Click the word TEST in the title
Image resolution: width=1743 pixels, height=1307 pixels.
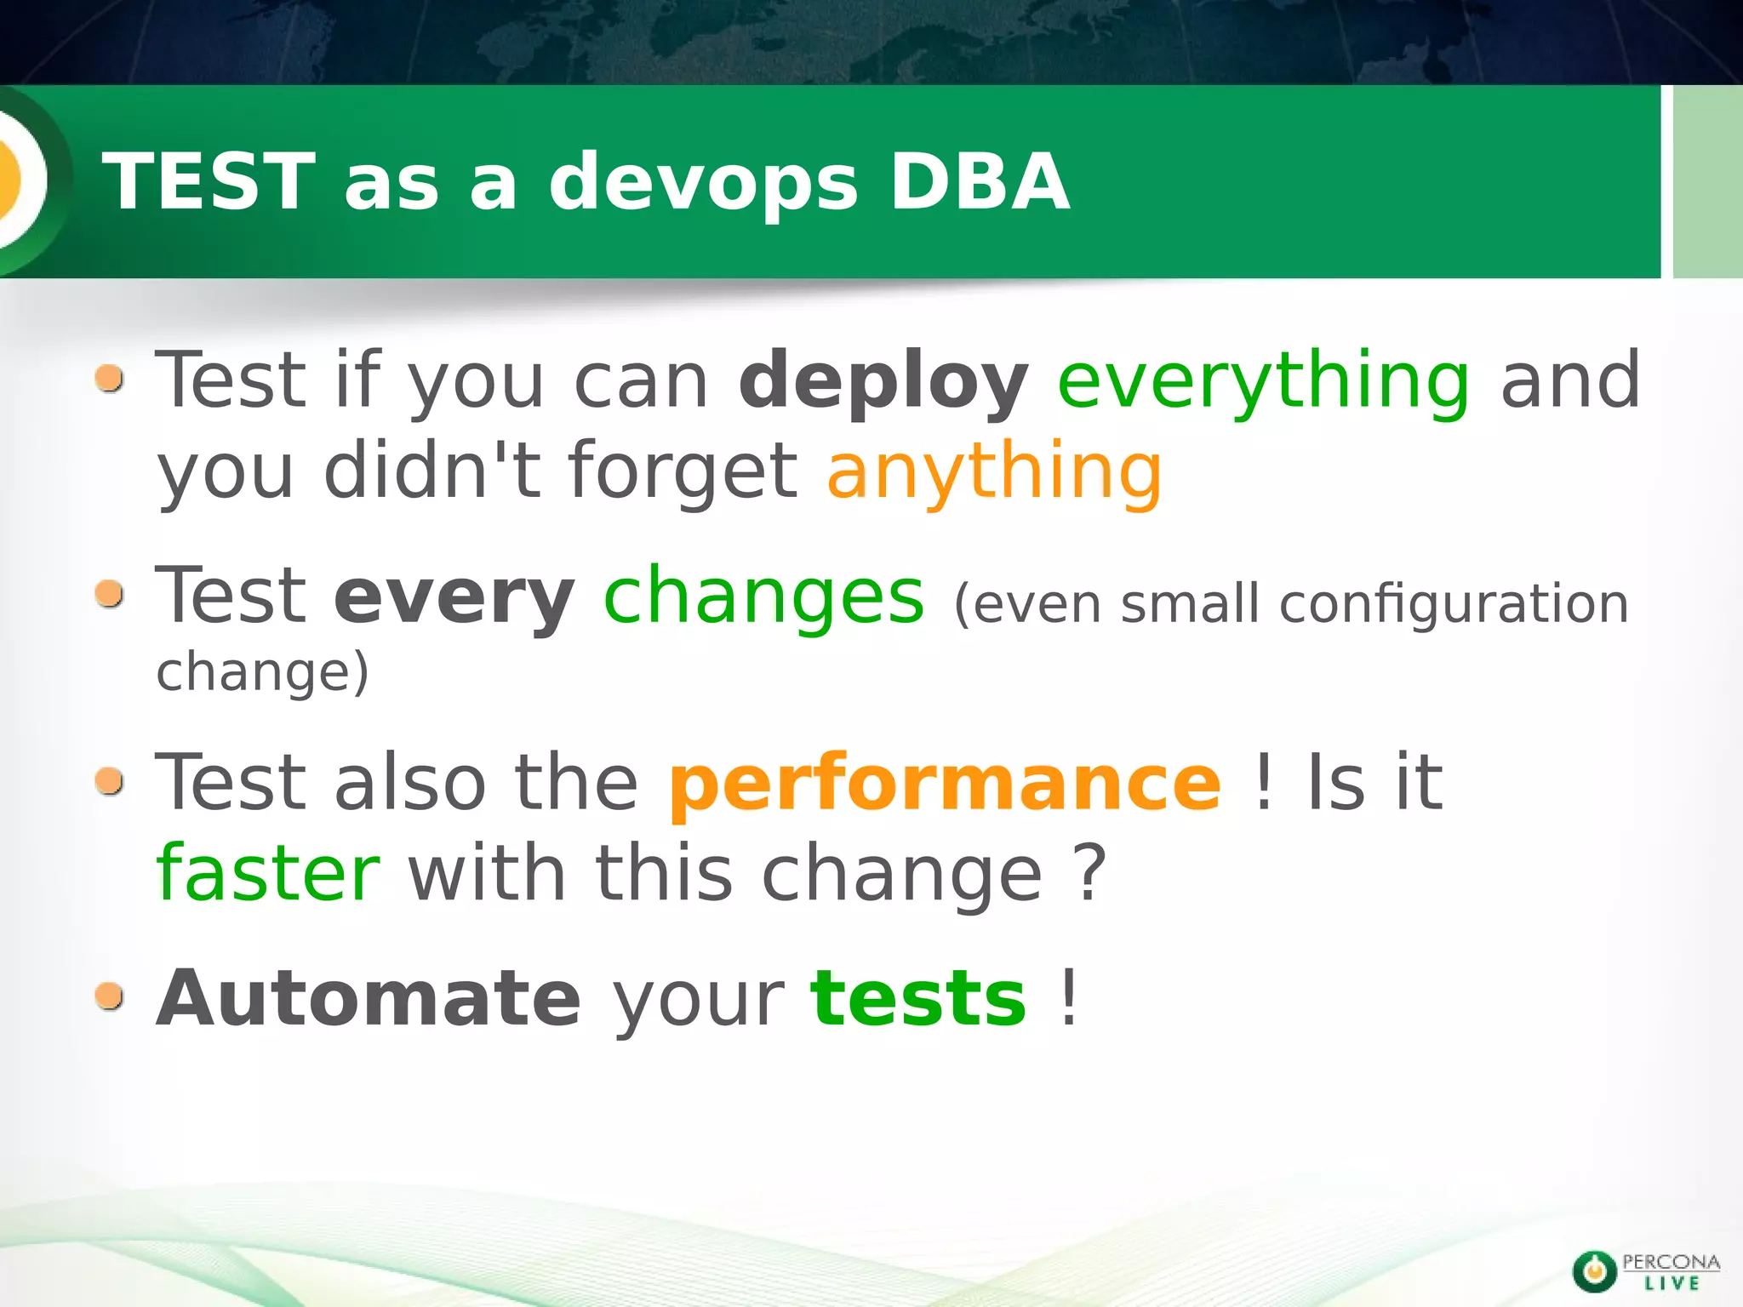coord(209,180)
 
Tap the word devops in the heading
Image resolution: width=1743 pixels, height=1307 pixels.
coord(703,180)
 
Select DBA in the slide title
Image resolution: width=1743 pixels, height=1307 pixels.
coord(979,180)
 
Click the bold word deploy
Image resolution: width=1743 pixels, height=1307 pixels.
coord(883,381)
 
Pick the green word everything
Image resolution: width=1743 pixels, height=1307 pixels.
coord(1264,381)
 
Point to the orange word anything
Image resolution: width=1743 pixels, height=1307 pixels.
coord(994,472)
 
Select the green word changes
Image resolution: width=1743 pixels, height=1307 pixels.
coord(763,596)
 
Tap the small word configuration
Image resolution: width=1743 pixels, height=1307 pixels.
coord(1454,604)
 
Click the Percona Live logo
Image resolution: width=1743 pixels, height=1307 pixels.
coord(1645,1271)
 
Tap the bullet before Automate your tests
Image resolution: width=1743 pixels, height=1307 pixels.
coord(110,995)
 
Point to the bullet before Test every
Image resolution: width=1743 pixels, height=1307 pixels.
coord(110,594)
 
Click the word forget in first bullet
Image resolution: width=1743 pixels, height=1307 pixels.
coord(683,472)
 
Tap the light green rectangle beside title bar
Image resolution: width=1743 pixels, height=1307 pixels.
coord(1707,180)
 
